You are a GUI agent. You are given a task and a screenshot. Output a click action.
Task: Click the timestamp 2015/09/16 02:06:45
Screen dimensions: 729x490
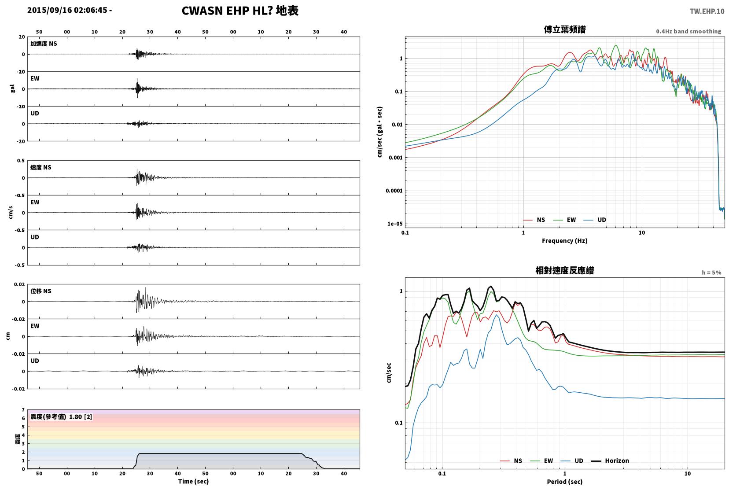coord(67,10)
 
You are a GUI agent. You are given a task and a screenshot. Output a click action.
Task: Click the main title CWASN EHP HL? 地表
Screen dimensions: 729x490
coord(240,11)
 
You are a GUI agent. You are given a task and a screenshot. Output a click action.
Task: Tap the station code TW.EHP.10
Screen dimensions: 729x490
coord(707,11)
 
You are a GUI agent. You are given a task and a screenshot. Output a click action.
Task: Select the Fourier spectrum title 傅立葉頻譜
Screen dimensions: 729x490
coord(565,29)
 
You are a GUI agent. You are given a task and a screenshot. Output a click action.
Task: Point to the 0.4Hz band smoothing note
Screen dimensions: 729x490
coord(688,32)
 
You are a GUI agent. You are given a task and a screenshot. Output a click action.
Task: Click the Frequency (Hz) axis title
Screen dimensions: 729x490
coord(564,241)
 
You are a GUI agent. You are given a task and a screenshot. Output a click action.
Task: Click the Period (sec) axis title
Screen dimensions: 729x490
coord(564,482)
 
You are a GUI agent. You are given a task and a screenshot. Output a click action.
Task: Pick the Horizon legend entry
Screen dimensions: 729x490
coord(610,461)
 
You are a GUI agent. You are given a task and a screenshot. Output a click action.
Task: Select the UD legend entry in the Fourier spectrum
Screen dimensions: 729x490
coord(595,220)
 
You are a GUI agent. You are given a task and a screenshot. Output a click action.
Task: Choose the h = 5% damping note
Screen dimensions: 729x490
coord(711,273)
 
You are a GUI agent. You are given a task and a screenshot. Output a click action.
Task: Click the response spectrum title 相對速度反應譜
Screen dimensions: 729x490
coord(565,270)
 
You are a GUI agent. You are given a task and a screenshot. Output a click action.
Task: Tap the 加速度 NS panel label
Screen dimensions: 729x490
coord(44,44)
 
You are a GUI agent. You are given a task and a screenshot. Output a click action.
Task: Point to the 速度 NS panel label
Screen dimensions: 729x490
coord(40,167)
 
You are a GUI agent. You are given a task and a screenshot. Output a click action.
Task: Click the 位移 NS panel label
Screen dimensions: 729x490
coord(40,291)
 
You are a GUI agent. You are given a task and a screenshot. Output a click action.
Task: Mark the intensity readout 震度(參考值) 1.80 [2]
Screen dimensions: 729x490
coord(61,417)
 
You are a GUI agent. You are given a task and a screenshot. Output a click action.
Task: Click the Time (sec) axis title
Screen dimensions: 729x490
coord(193,481)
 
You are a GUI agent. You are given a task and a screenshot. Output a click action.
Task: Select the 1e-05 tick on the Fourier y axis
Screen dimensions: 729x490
coord(395,224)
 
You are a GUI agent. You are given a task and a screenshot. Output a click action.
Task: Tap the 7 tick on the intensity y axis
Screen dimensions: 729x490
coord(23,410)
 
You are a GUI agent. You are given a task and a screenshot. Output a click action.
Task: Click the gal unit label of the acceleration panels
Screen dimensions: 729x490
coord(12,88)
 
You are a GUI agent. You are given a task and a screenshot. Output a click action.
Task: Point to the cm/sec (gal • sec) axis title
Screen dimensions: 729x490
coord(379,132)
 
